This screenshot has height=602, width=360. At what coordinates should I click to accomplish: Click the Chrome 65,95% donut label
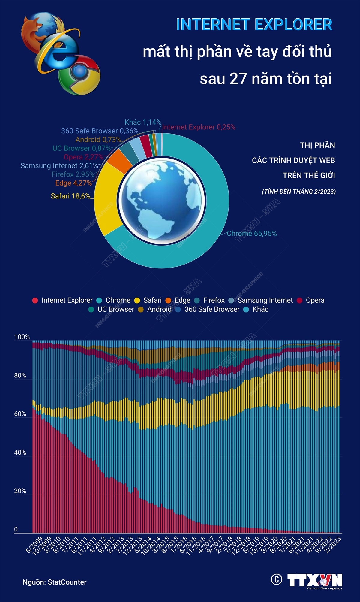coord(251,233)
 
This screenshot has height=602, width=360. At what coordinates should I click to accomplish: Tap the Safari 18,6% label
coord(70,196)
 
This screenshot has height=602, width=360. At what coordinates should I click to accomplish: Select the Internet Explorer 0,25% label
coord(199,127)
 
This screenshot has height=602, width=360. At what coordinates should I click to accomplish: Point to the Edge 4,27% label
coord(73,183)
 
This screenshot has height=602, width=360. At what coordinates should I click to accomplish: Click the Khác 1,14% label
coord(143,122)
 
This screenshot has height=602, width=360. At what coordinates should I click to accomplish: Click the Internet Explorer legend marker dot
coord(35,300)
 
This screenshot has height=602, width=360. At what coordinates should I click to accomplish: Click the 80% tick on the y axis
coord(20,375)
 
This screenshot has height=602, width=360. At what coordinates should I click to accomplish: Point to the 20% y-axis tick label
coord(20,491)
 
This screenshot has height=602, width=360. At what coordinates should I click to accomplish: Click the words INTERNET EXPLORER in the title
coord(254,25)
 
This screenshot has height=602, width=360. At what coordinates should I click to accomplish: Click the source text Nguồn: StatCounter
coord(55,582)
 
